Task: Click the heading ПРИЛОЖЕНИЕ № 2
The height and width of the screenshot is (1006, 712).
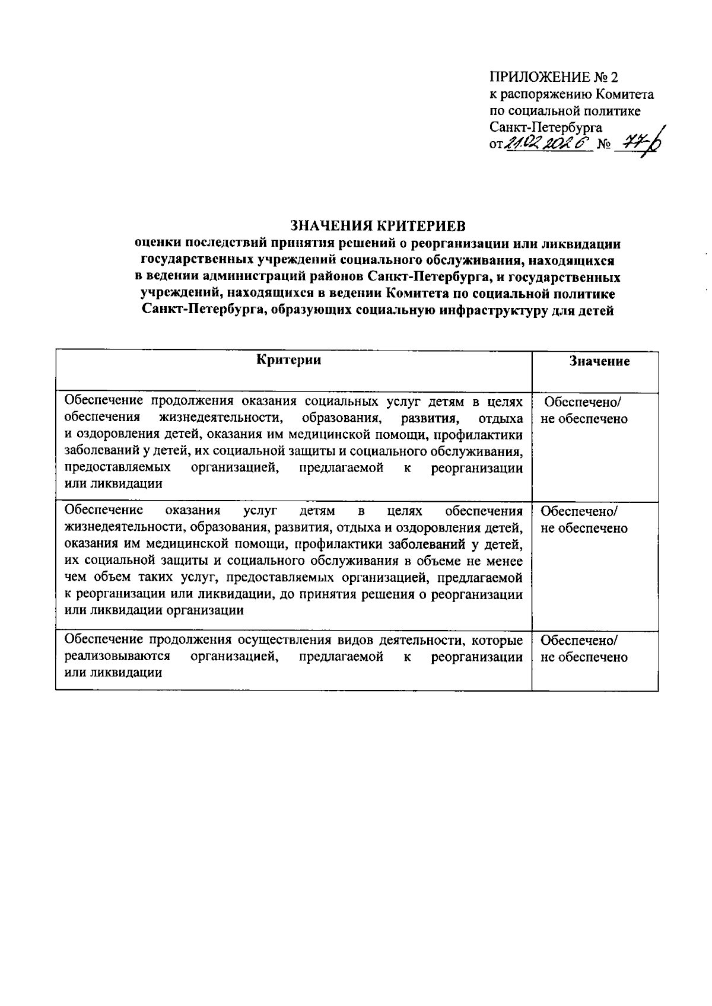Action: click(554, 78)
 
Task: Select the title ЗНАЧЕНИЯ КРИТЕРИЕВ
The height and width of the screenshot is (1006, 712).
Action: click(378, 225)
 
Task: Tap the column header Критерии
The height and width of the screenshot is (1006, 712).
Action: click(289, 360)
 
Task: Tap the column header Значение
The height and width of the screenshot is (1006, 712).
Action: click(599, 361)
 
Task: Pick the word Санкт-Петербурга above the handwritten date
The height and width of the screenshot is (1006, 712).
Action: click(546, 127)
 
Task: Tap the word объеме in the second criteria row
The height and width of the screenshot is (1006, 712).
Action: click(454, 561)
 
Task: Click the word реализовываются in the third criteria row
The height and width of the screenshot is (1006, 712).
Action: click(117, 657)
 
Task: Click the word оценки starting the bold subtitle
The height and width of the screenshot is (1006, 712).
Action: click(158, 243)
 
